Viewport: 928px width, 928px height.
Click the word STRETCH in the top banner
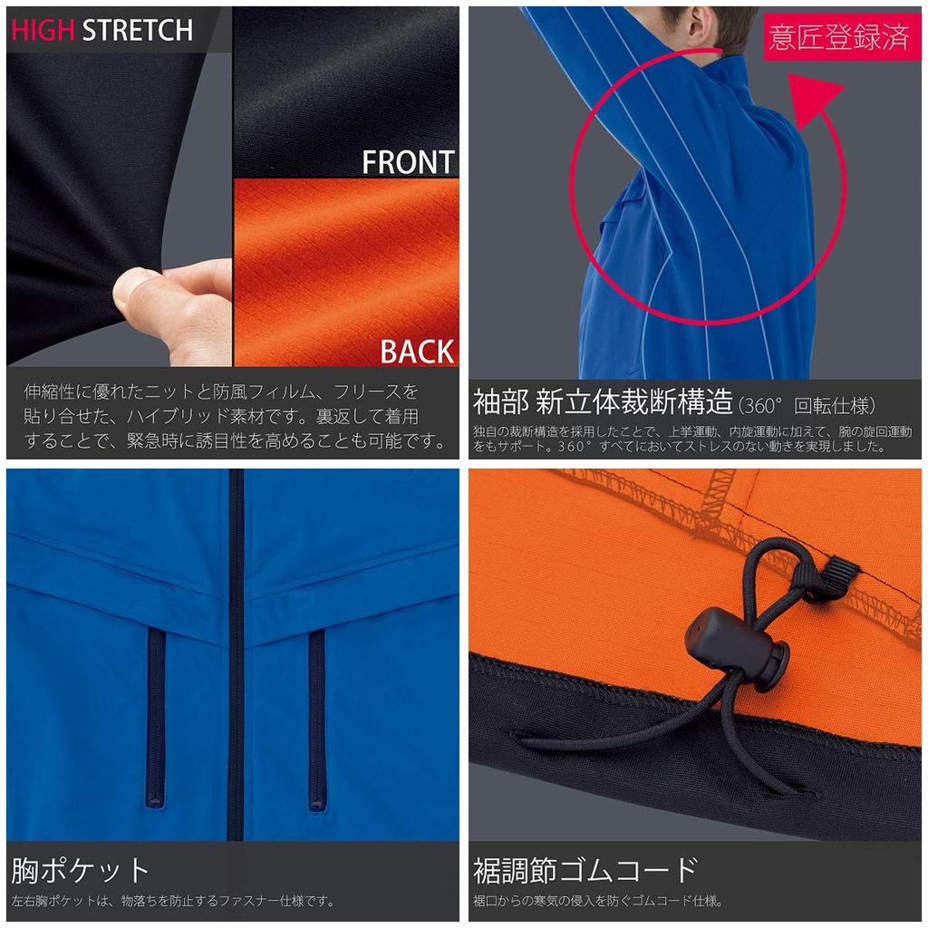[x=138, y=30]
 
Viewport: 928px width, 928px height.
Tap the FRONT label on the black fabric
[x=408, y=163]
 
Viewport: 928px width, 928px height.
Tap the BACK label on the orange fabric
[x=417, y=352]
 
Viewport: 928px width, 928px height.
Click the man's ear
[x=695, y=26]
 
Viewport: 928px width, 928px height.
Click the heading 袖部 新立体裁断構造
[x=603, y=400]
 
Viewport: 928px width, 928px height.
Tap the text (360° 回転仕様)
[x=808, y=405]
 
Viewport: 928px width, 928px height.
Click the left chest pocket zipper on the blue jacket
[x=156, y=716]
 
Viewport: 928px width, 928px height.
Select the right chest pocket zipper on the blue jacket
[x=316, y=716]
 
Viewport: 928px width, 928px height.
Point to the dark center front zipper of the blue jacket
[x=237, y=652]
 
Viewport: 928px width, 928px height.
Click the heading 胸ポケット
[x=80, y=871]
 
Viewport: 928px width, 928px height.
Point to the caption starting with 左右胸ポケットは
[x=172, y=901]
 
